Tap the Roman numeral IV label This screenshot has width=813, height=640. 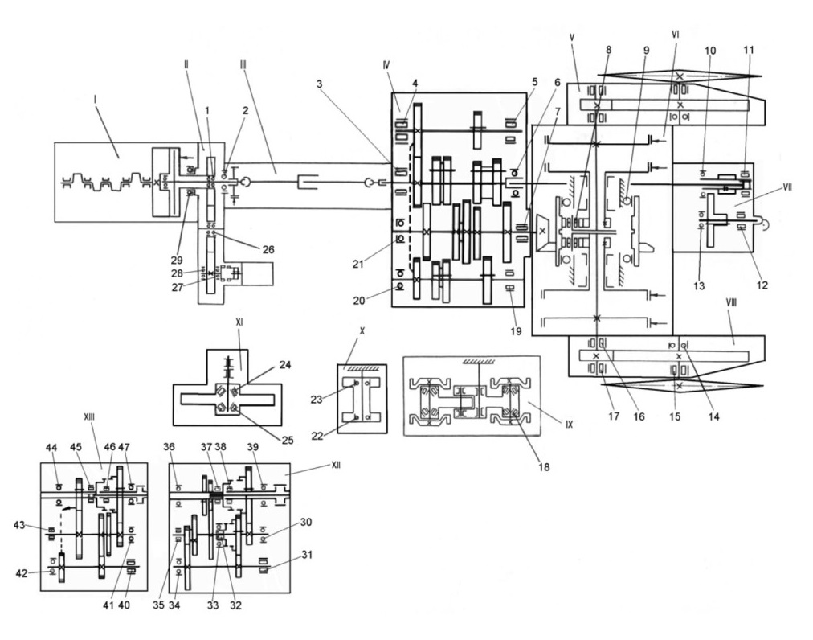coord(386,65)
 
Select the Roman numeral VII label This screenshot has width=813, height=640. coord(787,187)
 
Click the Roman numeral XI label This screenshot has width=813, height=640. coord(239,322)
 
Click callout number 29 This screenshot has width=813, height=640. coord(178,260)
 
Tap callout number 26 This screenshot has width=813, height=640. coord(268,250)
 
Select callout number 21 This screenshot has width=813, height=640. coord(358,265)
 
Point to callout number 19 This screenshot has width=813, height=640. coord(516,331)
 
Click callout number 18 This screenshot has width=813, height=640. coord(544,466)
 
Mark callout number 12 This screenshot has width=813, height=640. coord(762,285)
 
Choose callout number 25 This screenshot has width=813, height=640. coord(288,440)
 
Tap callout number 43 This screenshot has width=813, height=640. coord(20,525)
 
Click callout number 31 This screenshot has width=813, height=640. coord(308,554)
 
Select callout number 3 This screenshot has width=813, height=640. coord(320,84)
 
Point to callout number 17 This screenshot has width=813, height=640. coord(614,416)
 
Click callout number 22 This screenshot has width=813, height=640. coord(317,436)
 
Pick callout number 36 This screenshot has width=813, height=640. coord(169,447)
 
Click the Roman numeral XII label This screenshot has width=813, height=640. coord(336,465)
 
